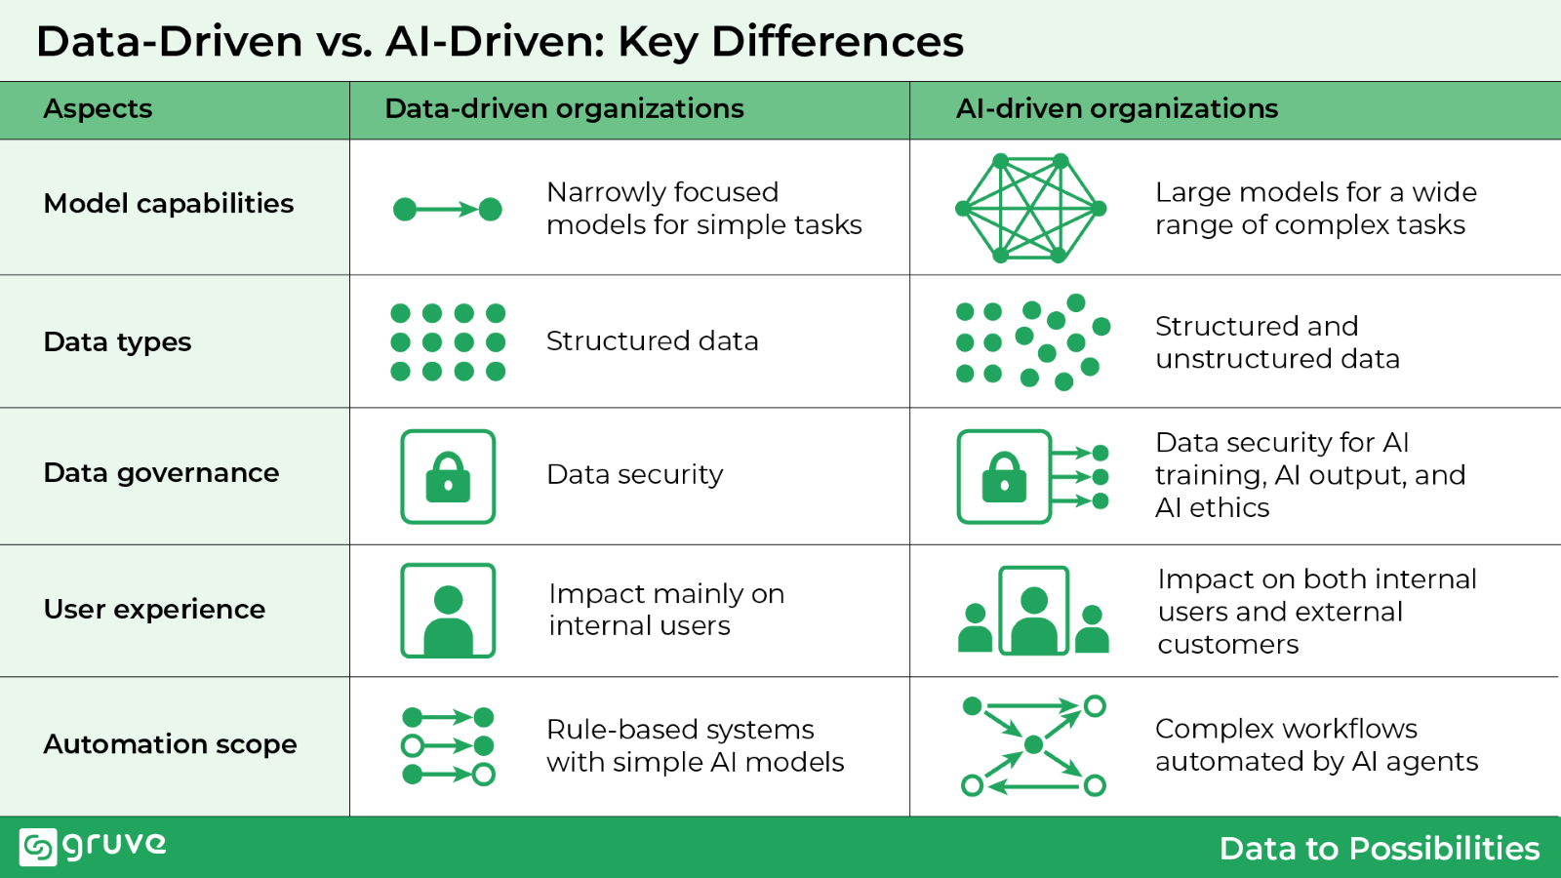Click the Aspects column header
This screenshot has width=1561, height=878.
pyautogui.click(x=98, y=108)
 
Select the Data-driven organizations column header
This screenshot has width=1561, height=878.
pyautogui.click(x=564, y=108)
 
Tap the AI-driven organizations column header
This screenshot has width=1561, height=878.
pyautogui.click(x=1116, y=108)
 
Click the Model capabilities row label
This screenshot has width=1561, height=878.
pyautogui.click(x=169, y=203)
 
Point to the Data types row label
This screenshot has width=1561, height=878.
pyautogui.click(x=117, y=341)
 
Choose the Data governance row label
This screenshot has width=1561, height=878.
pyautogui.click(x=161, y=473)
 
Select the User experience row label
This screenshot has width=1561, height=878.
pyautogui.click(x=154, y=609)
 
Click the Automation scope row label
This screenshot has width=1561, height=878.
pyautogui.click(x=170, y=744)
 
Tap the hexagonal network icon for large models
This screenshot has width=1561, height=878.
pyautogui.click(x=1030, y=208)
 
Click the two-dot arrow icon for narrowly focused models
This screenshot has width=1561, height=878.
pyautogui.click(x=448, y=209)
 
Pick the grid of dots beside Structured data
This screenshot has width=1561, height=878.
pyautogui.click(x=448, y=341)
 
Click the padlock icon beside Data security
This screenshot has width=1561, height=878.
pyautogui.click(x=448, y=477)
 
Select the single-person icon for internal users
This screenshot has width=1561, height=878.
pyautogui.click(x=448, y=611)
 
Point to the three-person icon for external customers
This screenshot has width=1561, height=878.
pyautogui.click(x=1033, y=611)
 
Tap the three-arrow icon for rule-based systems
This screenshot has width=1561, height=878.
pyautogui.click(x=448, y=746)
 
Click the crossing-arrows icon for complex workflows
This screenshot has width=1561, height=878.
pyautogui.click(x=1033, y=746)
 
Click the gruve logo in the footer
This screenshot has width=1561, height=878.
pyautogui.click(x=93, y=846)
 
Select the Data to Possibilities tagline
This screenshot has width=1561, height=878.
pyautogui.click(x=1379, y=848)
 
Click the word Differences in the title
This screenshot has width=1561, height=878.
pyautogui.click(x=837, y=42)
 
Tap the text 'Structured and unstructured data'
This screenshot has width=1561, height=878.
pyautogui.click(x=1276, y=342)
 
